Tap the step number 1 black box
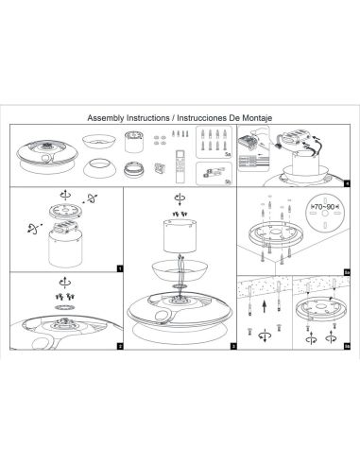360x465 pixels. pos(119,267)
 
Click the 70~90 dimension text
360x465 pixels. pos(326,203)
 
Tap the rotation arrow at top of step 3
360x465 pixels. pos(180,199)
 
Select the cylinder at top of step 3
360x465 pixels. pos(180,232)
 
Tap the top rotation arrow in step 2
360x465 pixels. pos(62,283)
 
